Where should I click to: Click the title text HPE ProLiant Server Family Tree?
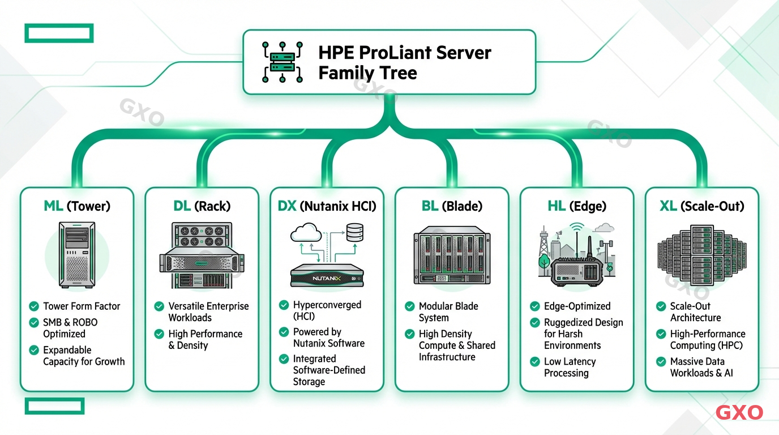coord(404,62)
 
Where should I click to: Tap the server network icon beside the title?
coord(283,62)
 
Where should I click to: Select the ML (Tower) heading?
coord(77,206)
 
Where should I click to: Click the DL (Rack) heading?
coord(202,206)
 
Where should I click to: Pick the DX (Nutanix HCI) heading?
coord(327,206)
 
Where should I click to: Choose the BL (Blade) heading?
coord(452,206)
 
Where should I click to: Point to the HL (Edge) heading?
coord(577,206)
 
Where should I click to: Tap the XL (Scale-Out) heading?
coord(702,206)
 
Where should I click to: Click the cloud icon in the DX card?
coord(306,233)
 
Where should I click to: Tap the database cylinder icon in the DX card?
coord(354,232)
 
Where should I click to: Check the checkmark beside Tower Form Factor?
coord(34,306)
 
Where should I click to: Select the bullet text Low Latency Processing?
coord(570,367)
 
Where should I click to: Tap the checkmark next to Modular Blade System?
coord(410,306)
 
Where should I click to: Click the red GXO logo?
coord(739,412)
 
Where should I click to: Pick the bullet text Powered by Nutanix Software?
coord(328,338)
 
